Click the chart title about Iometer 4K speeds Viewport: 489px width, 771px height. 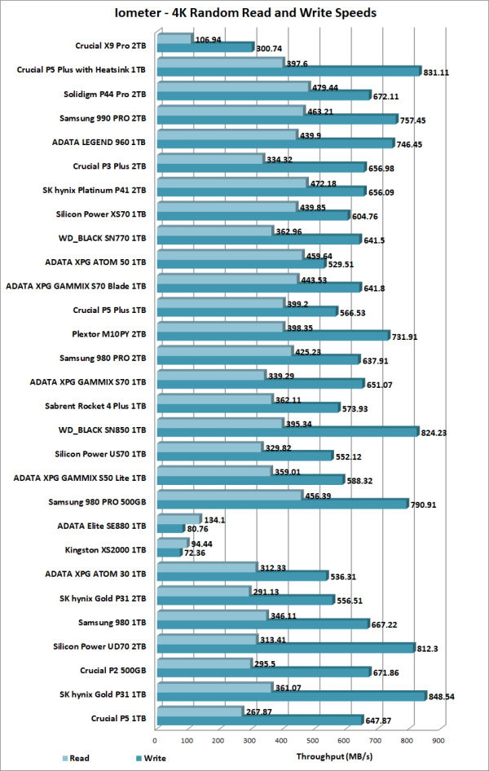[x=244, y=13]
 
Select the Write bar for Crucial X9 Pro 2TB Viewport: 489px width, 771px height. [x=204, y=47]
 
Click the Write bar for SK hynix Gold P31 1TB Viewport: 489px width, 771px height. [x=290, y=695]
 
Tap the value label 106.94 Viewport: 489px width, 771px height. [x=209, y=38]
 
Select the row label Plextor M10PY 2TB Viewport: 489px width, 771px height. [x=106, y=333]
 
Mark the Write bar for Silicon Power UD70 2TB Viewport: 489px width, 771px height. [x=284, y=648]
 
